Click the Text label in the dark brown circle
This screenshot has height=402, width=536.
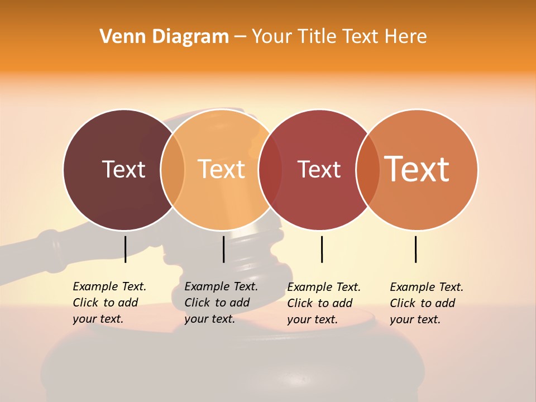(x=123, y=169)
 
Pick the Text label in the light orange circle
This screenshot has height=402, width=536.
(x=221, y=169)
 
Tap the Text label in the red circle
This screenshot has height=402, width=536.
(x=319, y=169)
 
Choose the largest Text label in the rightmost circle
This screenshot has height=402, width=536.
(x=417, y=169)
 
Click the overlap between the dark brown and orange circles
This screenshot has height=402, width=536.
(x=173, y=169)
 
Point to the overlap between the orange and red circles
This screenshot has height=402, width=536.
(x=270, y=169)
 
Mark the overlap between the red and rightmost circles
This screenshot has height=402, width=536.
(x=368, y=169)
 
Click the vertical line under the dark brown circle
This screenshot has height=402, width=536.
(x=125, y=249)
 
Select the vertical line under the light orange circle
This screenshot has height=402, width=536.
(x=223, y=249)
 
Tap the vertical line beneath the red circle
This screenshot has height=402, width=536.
(x=322, y=249)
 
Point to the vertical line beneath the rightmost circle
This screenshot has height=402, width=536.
(x=415, y=249)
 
